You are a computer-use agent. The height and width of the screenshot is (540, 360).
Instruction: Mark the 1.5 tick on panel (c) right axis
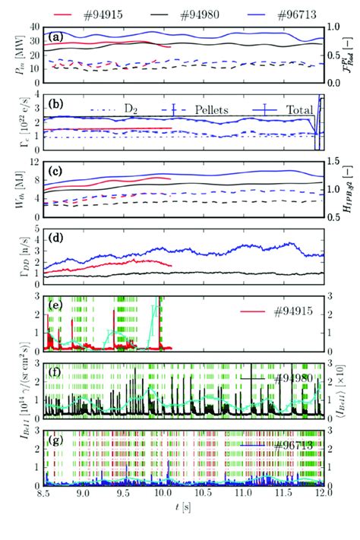tap(334, 161)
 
